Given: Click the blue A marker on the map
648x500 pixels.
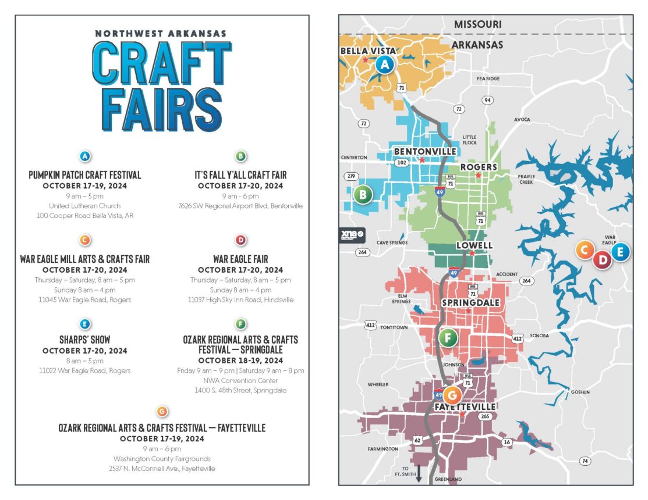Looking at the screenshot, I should point(384,65).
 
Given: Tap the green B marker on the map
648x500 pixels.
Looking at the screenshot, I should point(363,195).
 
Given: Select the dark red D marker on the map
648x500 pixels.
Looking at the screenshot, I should point(603,260).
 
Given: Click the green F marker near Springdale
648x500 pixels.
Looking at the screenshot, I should point(448,337).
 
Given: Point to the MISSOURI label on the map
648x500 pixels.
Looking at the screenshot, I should point(477,24).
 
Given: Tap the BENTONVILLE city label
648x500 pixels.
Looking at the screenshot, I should point(425,151).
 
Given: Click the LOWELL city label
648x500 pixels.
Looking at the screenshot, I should point(475,245).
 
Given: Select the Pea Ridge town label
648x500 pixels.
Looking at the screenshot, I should point(488,78).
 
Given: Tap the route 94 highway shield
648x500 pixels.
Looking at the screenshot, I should point(488,100).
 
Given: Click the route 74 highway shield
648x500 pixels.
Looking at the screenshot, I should point(585,461).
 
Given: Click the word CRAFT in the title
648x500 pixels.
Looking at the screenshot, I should point(161,64).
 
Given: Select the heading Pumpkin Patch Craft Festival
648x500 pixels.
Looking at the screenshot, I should point(85,175).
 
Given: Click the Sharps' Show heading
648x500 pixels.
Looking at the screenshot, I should point(84,340).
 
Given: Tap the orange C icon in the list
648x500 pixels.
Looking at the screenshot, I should point(84,240).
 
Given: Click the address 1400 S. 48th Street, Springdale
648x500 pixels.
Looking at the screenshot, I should point(240,390).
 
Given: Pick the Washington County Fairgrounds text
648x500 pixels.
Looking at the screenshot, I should point(162,459).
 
